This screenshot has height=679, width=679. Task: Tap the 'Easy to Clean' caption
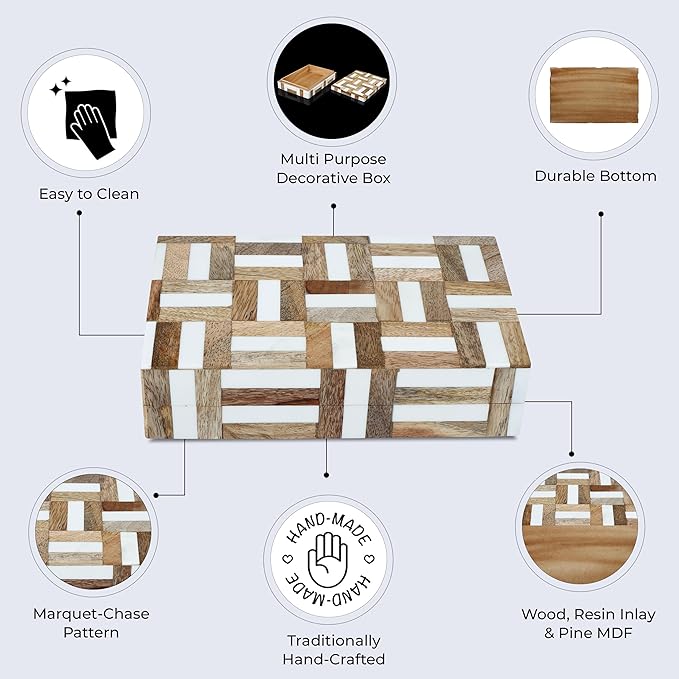tap(88, 194)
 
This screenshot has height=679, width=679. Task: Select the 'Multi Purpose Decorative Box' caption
tap(334, 168)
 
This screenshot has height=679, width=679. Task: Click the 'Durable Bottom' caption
tap(595, 176)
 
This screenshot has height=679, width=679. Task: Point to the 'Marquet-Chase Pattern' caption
tap(91, 622)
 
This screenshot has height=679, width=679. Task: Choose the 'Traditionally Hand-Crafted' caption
tap(333, 649)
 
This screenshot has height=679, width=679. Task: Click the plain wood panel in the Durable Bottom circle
tap(595, 95)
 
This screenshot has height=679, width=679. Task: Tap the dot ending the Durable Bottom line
tap(600, 212)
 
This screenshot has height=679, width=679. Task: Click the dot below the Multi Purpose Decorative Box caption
tap(333, 206)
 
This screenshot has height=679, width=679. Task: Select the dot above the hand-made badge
tap(327, 469)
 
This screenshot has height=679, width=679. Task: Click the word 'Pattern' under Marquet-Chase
tap(91, 632)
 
